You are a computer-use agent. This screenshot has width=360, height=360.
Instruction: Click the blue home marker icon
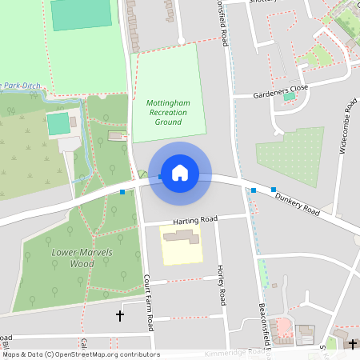point(180,172)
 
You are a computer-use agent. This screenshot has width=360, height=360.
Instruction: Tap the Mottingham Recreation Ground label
point(167,113)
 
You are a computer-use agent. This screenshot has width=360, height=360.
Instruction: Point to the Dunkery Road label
point(297,202)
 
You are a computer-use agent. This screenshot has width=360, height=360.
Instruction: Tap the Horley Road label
point(222,286)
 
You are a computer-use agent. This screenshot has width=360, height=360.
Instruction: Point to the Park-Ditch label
point(20,84)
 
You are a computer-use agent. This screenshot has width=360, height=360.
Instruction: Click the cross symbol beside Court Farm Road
point(121,316)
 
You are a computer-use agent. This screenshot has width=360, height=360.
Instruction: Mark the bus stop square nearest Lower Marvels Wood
point(122,192)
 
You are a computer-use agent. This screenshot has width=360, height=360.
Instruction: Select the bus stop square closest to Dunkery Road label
point(274,190)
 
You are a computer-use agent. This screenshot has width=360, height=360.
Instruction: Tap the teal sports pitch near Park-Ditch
point(58,124)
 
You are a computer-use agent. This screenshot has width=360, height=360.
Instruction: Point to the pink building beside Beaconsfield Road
point(282,327)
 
